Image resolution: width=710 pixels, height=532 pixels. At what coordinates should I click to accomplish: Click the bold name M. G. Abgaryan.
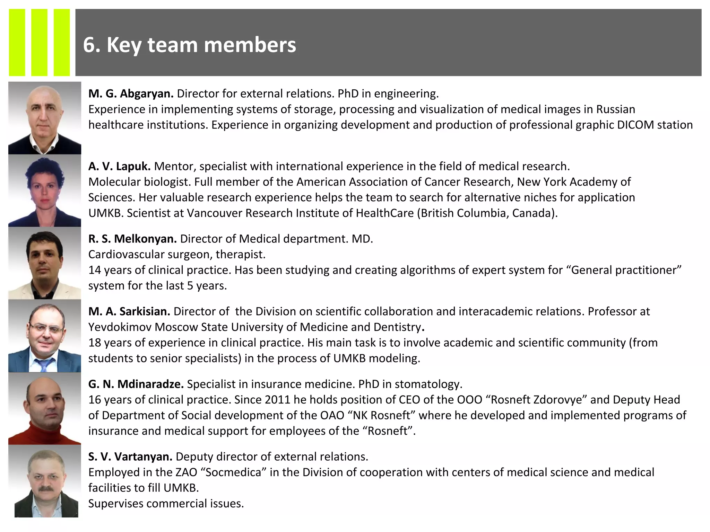(x=131, y=94)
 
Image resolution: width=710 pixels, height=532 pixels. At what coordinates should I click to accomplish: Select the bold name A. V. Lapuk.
(x=119, y=166)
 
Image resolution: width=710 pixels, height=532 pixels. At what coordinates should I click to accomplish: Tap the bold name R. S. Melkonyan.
(x=132, y=239)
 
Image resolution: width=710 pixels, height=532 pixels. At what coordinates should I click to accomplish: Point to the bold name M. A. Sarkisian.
(x=129, y=311)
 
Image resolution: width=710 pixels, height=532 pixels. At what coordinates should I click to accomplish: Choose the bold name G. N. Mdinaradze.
(x=136, y=384)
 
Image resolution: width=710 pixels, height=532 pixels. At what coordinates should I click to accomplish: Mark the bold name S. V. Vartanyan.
(x=130, y=456)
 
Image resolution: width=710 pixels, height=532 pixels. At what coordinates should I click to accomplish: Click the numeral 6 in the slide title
(x=89, y=45)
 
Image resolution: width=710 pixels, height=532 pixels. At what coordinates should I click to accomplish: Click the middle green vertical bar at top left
(x=39, y=42)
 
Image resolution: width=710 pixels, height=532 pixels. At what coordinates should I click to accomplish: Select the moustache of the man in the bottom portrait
(x=45, y=489)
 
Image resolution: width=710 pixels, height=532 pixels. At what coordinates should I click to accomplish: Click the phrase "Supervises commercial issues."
(x=166, y=503)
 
